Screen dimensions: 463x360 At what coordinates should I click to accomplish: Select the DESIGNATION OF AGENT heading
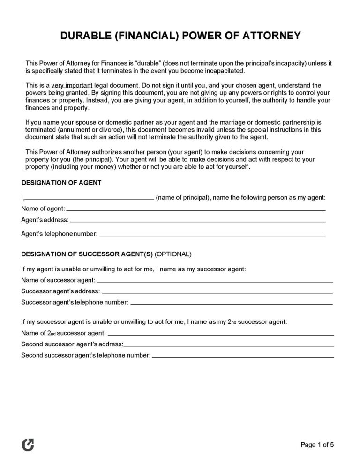[x=61, y=182]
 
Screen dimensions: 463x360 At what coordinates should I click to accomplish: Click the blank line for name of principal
[x=90, y=198]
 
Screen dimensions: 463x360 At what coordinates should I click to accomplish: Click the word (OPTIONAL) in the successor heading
[x=172, y=254]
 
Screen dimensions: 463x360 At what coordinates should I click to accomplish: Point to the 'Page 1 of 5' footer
[x=316, y=445]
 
